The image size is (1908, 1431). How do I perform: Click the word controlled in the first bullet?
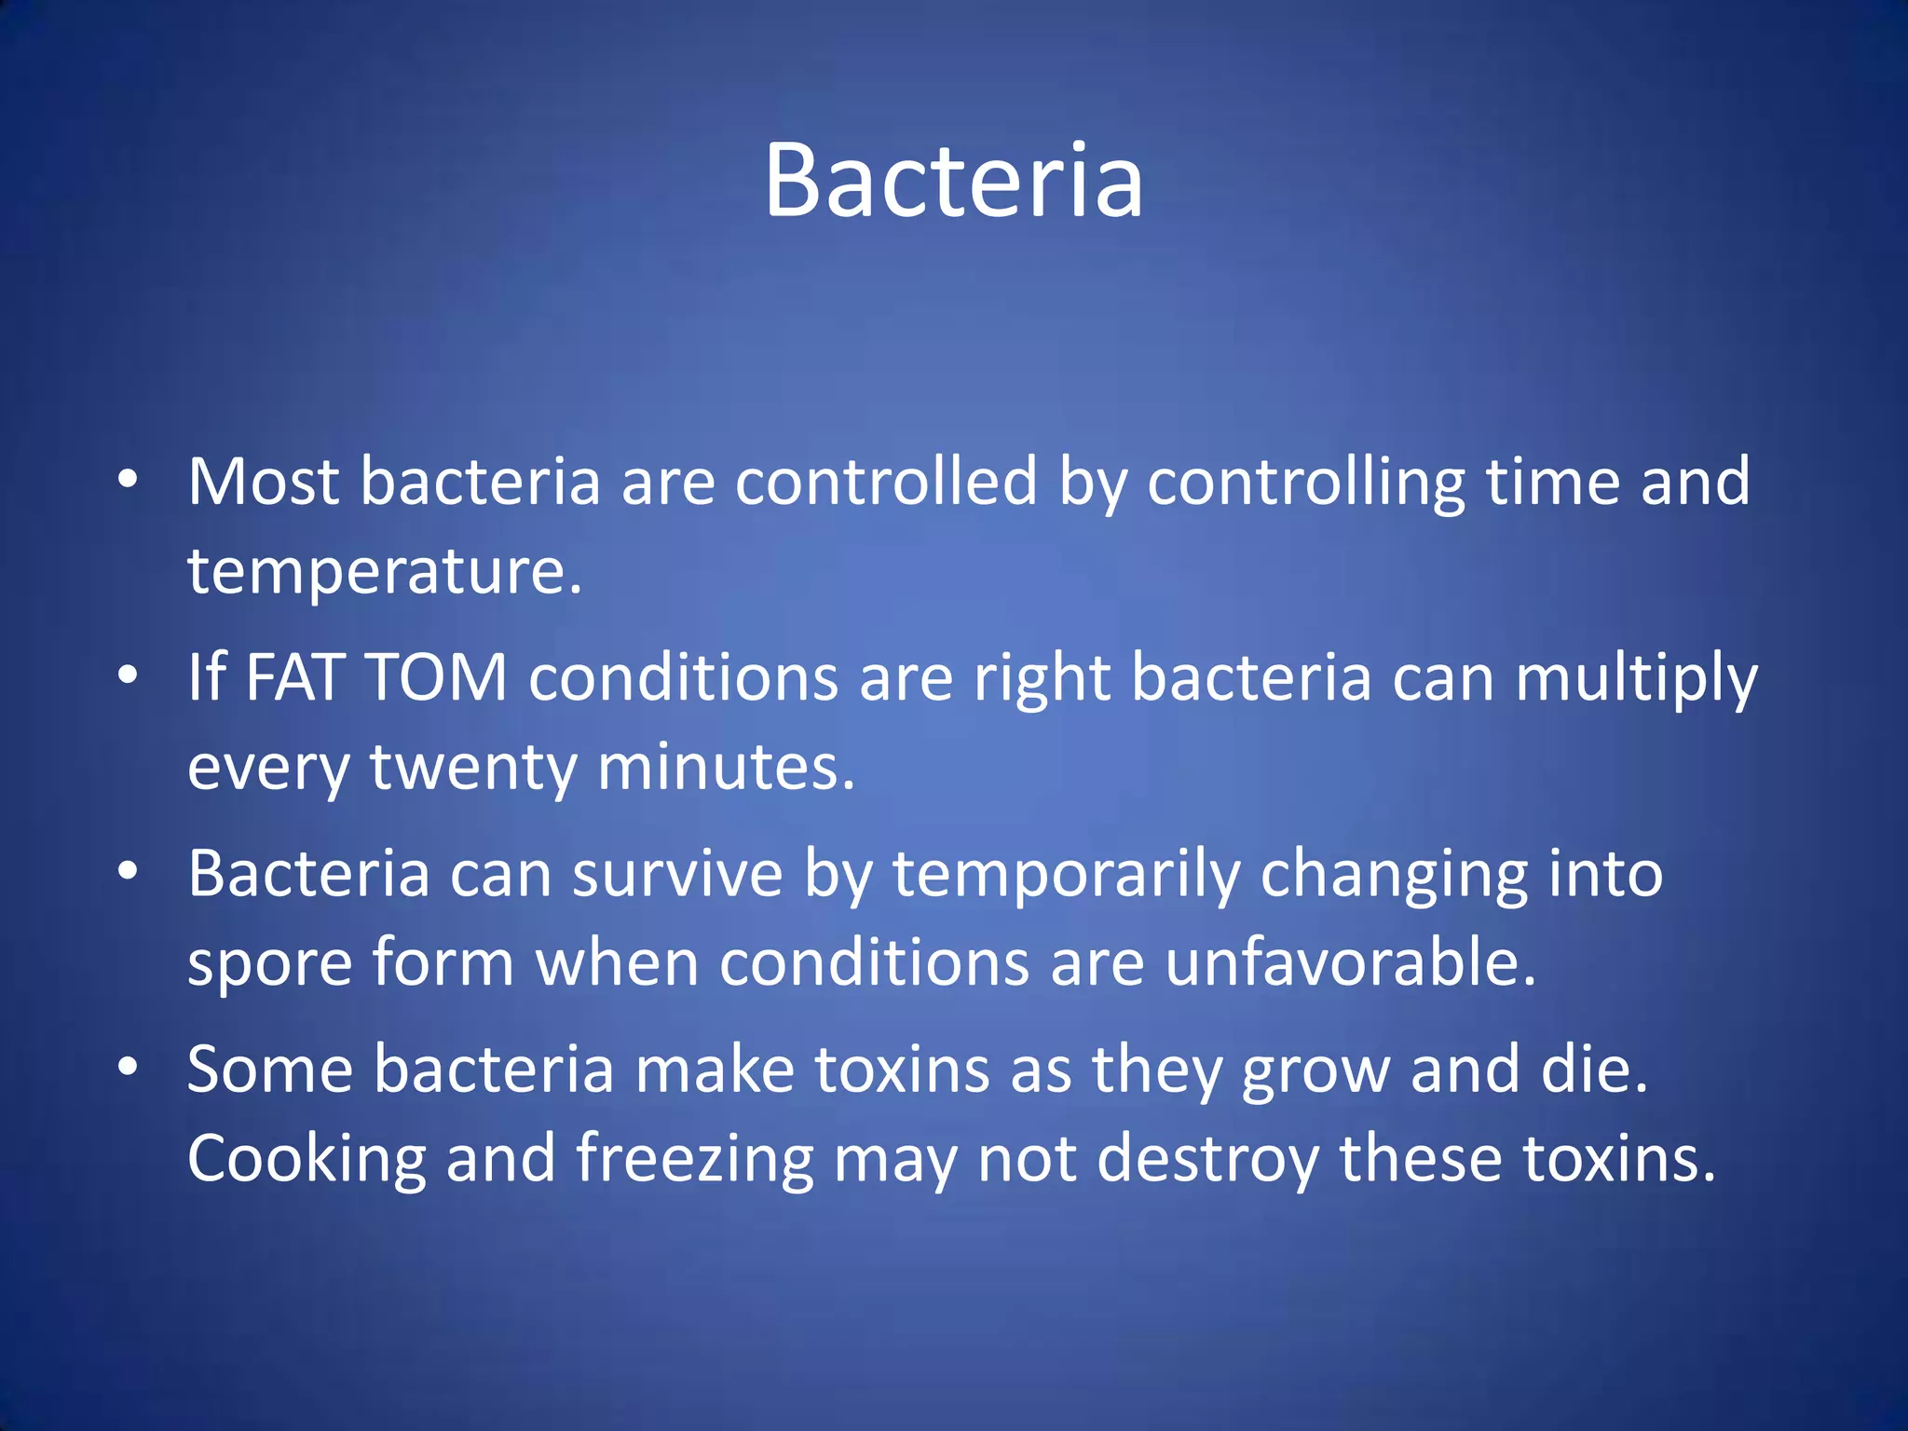pyautogui.click(x=885, y=482)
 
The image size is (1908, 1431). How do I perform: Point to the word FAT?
pyautogui.click(x=297, y=677)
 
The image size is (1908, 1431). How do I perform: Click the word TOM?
pyautogui.click(x=437, y=677)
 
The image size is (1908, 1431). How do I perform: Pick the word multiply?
pyautogui.click(x=1636, y=677)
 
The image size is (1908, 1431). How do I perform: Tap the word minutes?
pyautogui.click(x=725, y=767)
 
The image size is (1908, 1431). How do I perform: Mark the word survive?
pyautogui.click(x=677, y=874)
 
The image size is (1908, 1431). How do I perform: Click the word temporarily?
pyautogui.click(x=1067, y=874)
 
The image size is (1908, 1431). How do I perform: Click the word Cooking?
pyautogui.click(x=307, y=1159)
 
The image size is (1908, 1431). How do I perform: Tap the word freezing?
pyautogui.click(x=695, y=1159)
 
